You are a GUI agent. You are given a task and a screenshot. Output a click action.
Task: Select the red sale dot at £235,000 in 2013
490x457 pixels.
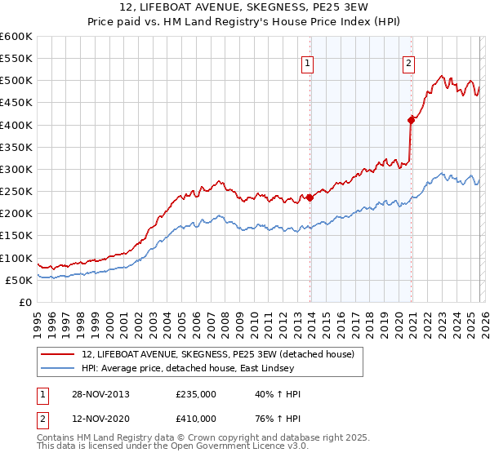point(310,197)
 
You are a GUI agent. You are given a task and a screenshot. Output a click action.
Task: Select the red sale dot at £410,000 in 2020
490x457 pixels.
point(412,120)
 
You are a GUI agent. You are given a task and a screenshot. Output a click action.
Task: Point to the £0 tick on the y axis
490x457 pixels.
point(24,302)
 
